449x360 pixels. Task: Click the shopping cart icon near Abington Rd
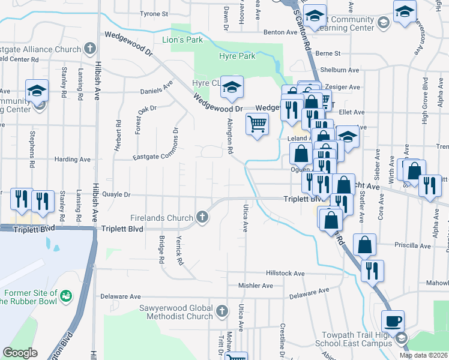pos(258,124)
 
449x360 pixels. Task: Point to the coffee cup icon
pos(393,321)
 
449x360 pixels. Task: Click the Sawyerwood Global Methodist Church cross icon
pos(222,310)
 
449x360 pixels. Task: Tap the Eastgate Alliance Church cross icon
pos(89,47)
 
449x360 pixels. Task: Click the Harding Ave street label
pos(72,160)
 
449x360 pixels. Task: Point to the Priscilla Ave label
pos(412,245)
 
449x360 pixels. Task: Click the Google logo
pos(20,353)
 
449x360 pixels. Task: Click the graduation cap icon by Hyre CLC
pos(231,87)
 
